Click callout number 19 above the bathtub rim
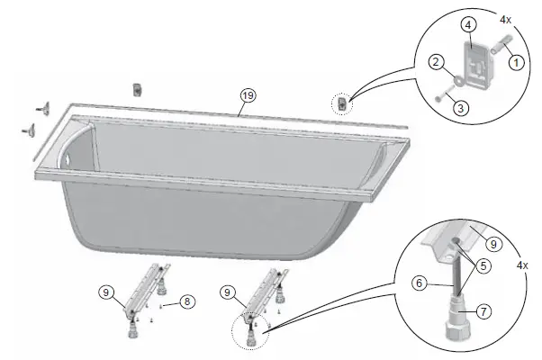tap(246, 96)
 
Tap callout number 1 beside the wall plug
tap(516, 63)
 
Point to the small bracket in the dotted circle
tap(342, 105)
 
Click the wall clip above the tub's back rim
tap(138, 89)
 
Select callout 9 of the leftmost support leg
tap(107, 292)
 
